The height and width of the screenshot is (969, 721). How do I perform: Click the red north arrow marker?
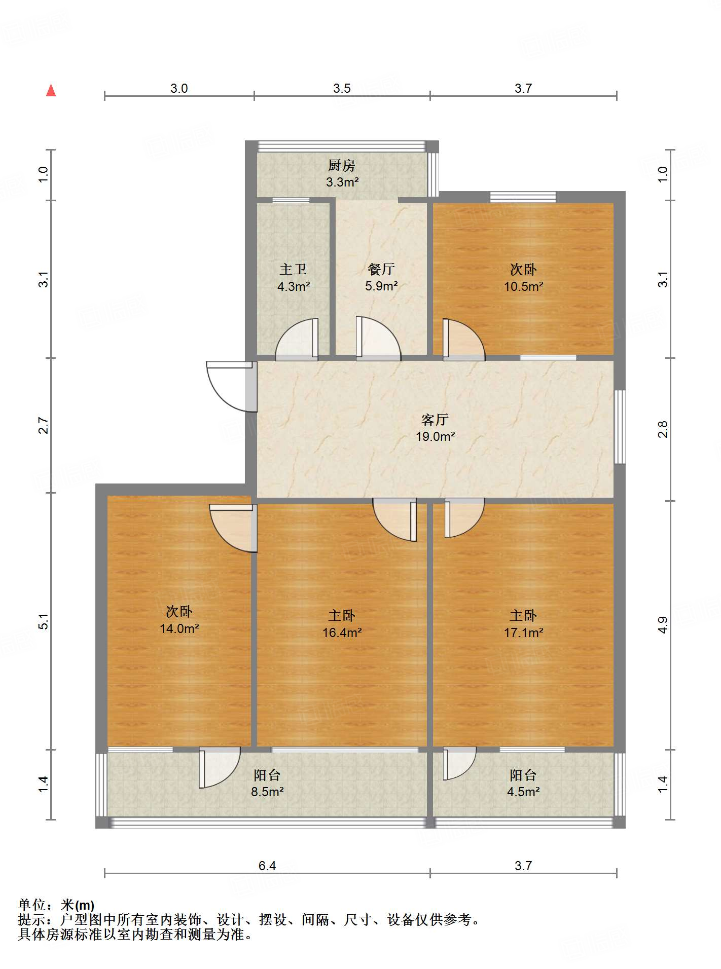pyautogui.click(x=51, y=91)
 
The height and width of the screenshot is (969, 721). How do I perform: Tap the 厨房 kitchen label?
pyautogui.click(x=341, y=165)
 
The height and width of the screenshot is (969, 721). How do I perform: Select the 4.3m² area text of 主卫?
pyautogui.click(x=294, y=286)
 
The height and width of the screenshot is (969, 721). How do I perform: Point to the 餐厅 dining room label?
pyautogui.click(x=381, y=269)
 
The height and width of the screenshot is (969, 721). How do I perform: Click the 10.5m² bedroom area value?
pyautogui.click(x=523, y=286)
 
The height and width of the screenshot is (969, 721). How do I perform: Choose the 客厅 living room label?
pyautogui.click(x=435, y=420)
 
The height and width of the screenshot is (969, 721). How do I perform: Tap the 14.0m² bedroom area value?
pyautogui.click(x=179, y=628)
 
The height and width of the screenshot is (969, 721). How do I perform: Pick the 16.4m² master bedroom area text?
pyautogui.click(x=342, y=632)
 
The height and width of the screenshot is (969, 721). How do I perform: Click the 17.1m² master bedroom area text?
pyautogui.click(x=523, y=632)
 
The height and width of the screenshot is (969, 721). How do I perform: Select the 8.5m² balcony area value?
pyautogui.click(x=267, y=792)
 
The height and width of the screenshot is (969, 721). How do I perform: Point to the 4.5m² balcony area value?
pyautogui.click(x=523, y=792)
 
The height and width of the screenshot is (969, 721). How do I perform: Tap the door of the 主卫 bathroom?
pyautogui.click(x=298, y=340)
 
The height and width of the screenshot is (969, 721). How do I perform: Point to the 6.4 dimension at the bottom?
pyautogui.click(x=267, y=865)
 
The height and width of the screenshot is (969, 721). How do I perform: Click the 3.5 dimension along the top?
pyautogui.click(x=342, y=88)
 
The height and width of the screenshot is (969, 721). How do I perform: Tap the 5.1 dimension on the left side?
pyautogui.click(x=44, y=621)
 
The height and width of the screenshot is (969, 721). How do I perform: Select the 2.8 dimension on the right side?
pyautogui.click(x=663, y=429)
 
